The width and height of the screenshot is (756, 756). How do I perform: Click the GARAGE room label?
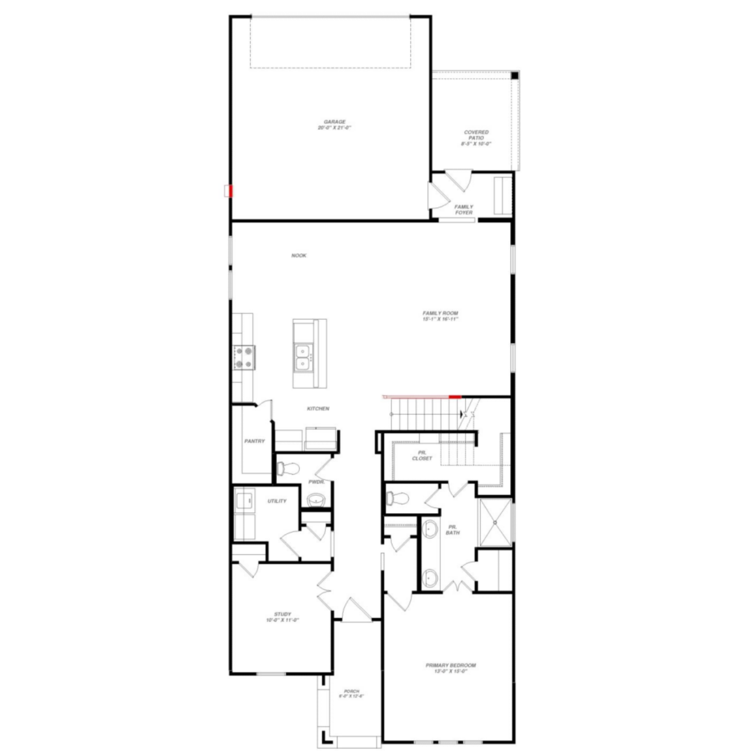(334, 122)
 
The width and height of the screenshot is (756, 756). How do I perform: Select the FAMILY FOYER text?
(464, 209)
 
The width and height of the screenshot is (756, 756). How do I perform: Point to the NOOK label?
(299, 256)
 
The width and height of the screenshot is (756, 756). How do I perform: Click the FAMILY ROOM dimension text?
(440, 319)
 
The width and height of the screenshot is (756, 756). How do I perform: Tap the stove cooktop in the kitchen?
(244, 358)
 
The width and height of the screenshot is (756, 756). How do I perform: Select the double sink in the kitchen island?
(302, 357)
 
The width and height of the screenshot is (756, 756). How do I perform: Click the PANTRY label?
(254, 441)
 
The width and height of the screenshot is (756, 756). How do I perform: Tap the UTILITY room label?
(277, 501)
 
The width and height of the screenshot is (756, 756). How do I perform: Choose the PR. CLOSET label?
(422, 456)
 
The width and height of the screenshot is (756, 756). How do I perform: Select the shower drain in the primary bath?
(495, 523)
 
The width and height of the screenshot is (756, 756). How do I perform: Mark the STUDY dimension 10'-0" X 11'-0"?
(282, 620)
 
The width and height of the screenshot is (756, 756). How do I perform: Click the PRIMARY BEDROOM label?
(450, 665)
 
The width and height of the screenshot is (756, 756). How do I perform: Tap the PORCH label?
(351, 691)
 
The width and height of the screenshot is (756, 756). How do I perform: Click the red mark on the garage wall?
(231, 191)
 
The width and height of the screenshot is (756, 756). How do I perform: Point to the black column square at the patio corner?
(515, 76)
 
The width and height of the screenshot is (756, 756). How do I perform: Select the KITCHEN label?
(318, 409)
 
